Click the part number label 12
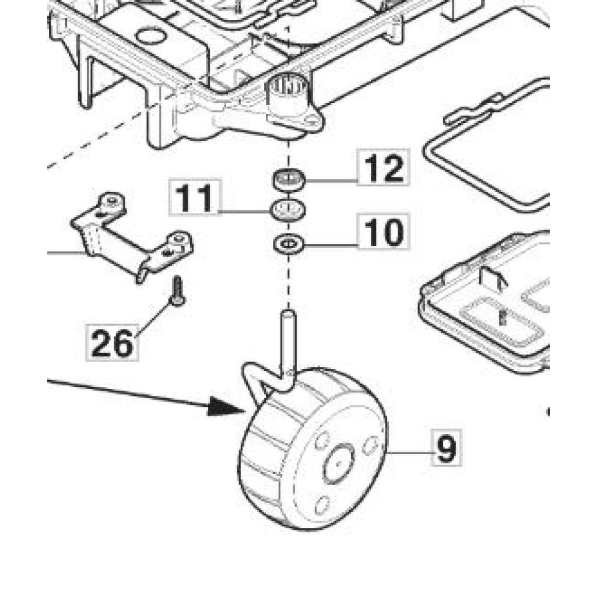point(383,167)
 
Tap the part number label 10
point(383,231)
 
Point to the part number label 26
point(112,342)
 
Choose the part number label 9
point(446,447)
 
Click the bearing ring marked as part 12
point(289,178)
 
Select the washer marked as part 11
point(289,209)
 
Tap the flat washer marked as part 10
point(289,242)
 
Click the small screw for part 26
point(177,292)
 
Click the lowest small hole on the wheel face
point(321,505)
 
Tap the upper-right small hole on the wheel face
point(368,445)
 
